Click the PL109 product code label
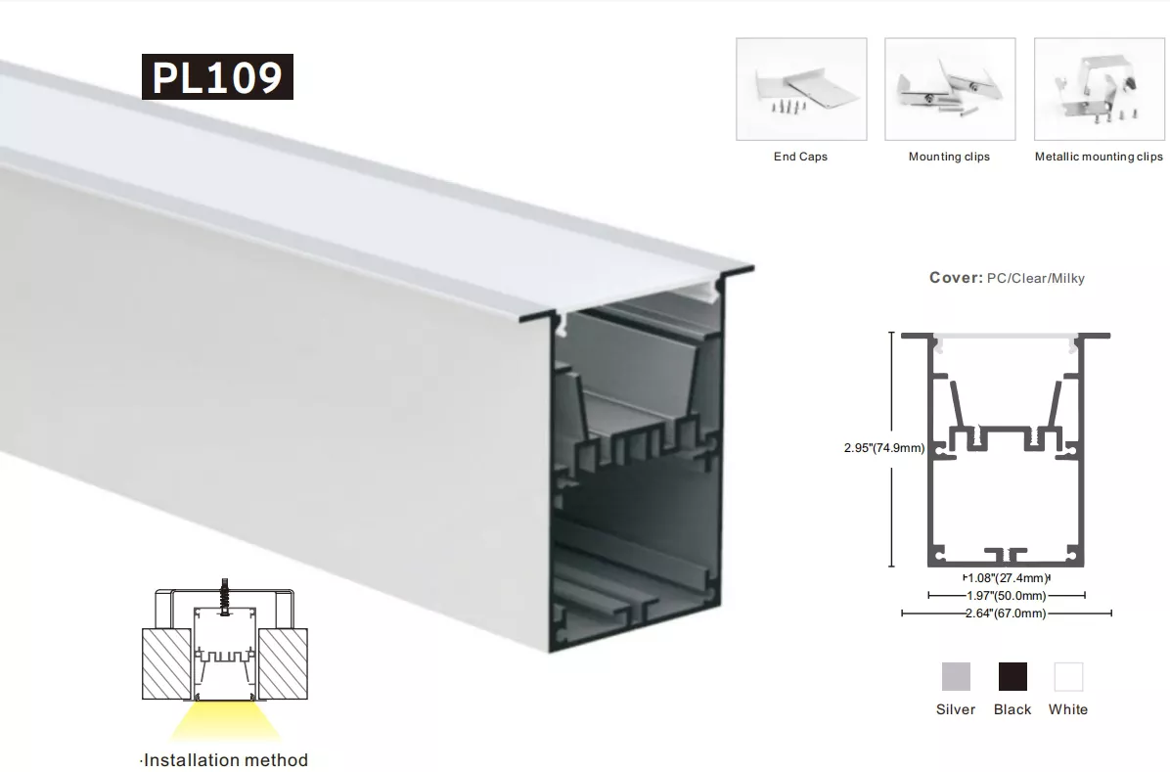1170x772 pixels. coord(217,76)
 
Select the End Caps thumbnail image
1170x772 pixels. coord(801,89)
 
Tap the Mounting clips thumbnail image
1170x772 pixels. coord(950,89)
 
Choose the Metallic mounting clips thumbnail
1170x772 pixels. coord(1100,89)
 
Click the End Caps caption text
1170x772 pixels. coord(800,157)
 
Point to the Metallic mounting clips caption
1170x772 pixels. coord(1099,157)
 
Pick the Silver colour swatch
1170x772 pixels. coord(956,676)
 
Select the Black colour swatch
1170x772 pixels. coord(1012,676)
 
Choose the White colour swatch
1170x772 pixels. coord(1068,676)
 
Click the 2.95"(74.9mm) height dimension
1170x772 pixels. coord(884,448)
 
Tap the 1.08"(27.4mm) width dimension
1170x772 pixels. coord(1007,578)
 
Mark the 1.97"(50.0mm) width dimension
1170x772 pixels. coord(1007,596)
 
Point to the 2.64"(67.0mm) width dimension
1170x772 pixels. coord(1006,613)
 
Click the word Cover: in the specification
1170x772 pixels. coord(956,278)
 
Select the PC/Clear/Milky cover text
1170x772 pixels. coord(1036,279)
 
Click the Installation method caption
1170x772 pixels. coord(224,760)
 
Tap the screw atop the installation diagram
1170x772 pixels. coord(224,597)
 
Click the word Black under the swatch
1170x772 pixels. coord(1012,709)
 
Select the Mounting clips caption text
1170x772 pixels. coord(949,157)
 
